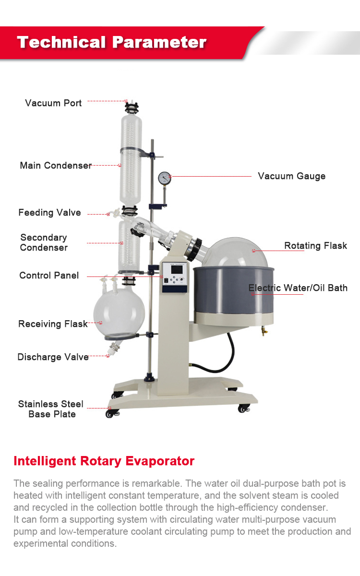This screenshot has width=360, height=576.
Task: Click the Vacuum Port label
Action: point(53,103)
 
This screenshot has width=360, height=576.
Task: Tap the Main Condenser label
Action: point(56,166)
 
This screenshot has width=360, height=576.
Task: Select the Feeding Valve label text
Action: point(49,213)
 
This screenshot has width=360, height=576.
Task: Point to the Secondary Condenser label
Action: point(44,242)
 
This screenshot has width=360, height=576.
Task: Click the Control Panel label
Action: point(49,276)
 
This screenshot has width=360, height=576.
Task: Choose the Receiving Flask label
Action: point(53,324)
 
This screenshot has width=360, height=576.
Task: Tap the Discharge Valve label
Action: point(53,357)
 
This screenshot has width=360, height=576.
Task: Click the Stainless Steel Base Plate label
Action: point(51,409)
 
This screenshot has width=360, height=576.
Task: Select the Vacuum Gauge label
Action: point(291,176)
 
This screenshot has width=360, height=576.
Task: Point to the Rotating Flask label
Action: point(315,246)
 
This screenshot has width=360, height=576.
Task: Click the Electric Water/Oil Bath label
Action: point(298,288)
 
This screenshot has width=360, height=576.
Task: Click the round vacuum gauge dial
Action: point(164,178)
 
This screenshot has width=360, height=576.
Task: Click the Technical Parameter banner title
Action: point(112,42)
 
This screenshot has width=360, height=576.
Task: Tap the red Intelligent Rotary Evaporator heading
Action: point(104,461)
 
